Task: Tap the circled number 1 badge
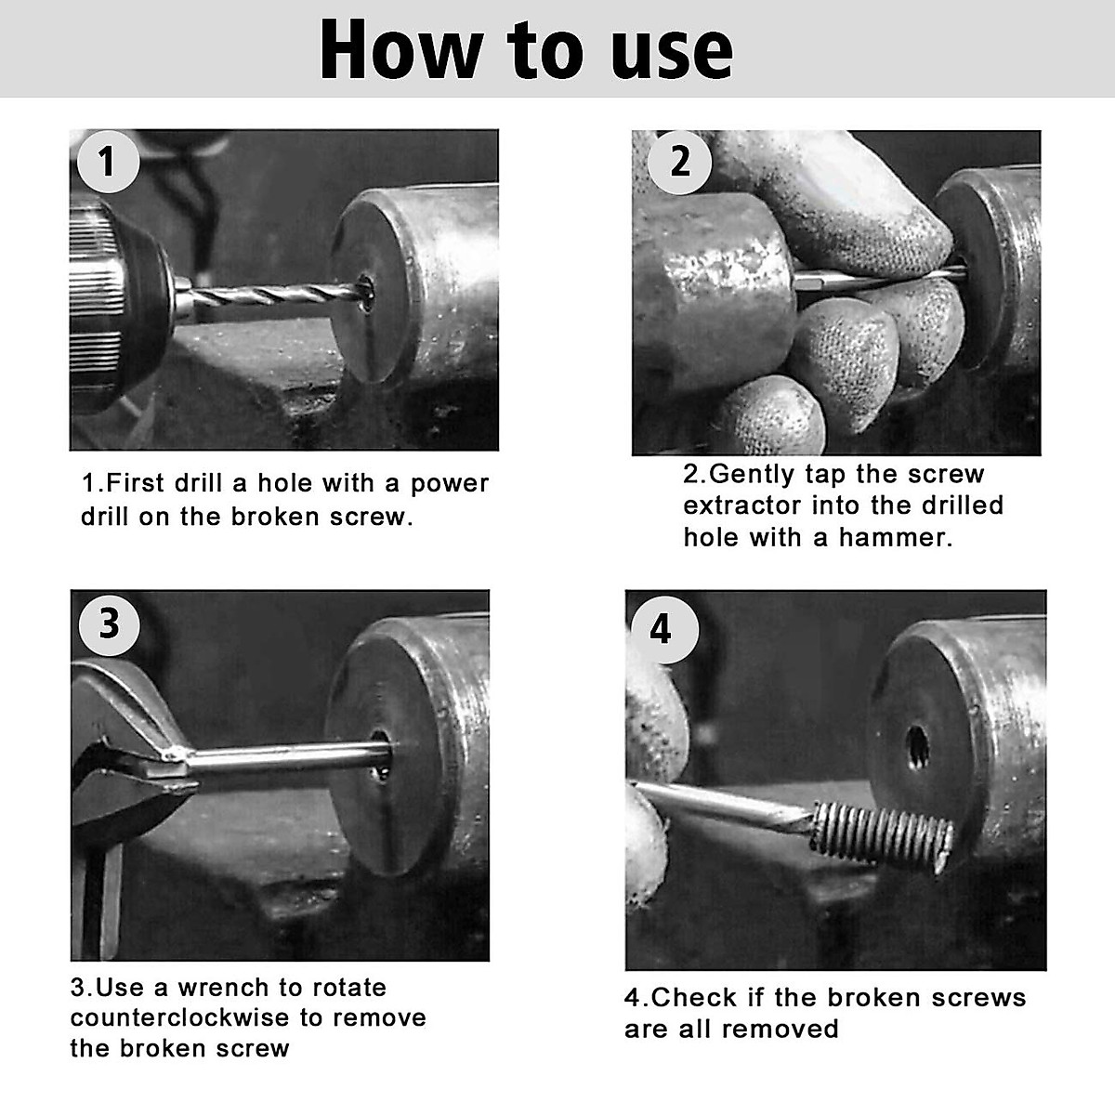pyautogui.click(x=108, y=161)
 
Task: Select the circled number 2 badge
pyautogui.click(x=680, y=162)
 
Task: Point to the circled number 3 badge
pyautogui.click(x=109, y=622)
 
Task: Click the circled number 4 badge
pyautogui.click(x=660, y=629)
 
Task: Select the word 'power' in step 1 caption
pyautogui.click(x=450, y=484)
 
